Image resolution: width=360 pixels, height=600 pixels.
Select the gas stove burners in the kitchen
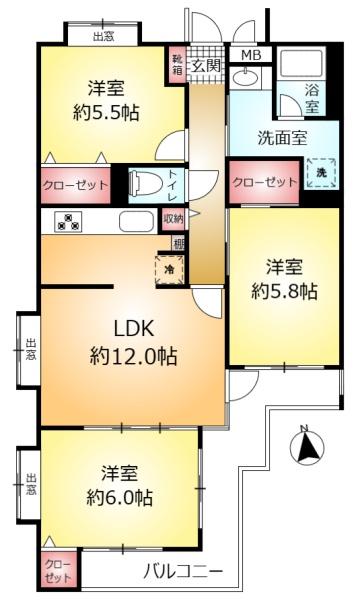point(68,222)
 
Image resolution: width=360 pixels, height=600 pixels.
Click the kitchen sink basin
point(137,221)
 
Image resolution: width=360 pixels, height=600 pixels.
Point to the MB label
point(251,55)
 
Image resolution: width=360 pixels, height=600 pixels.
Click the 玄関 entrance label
point(207,66)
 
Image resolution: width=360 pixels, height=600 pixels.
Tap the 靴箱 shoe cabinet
point(177,65)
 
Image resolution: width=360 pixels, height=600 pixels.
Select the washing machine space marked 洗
point(321,173)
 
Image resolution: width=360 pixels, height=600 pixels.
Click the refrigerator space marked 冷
point(169,269)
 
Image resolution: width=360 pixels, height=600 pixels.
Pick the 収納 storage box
point(174,219)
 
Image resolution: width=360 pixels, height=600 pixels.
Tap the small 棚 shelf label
point(179,244)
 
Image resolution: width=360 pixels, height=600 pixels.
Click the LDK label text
point(134,328)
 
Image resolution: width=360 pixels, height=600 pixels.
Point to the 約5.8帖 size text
point(284,293)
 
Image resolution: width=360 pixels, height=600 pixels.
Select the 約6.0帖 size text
point(120,498)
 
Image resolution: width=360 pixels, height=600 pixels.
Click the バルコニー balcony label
point(183,573)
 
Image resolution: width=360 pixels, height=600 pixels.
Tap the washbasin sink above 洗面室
point(244,78)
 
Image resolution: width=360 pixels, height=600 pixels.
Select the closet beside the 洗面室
point(264,183)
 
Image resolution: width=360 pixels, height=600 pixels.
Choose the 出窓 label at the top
point(104,37)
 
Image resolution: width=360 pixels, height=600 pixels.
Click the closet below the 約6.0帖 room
point(59,572)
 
